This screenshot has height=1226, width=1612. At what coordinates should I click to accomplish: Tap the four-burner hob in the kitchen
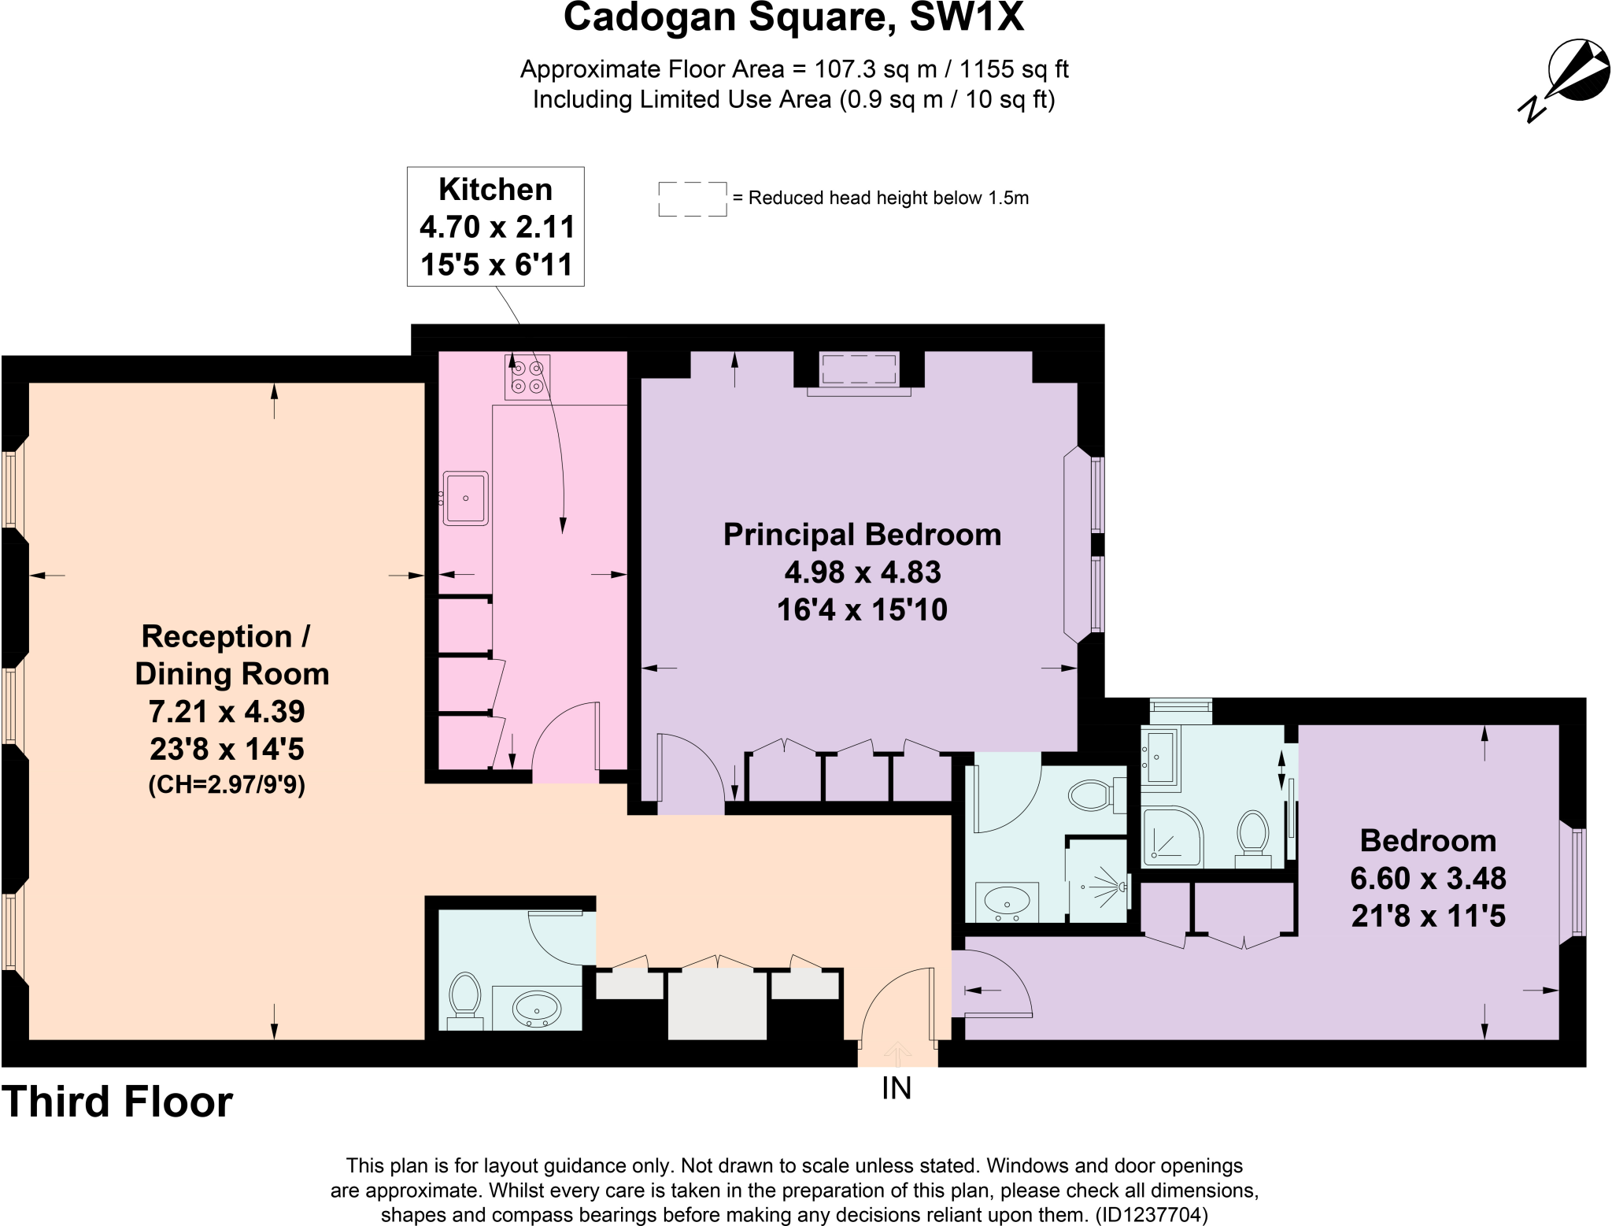527,376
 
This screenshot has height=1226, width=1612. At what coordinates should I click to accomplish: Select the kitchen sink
465,498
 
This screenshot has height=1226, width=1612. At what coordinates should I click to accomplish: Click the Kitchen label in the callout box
495,190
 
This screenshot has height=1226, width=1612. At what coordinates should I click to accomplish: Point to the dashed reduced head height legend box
692,198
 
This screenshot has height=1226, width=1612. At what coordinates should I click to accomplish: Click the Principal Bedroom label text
862,535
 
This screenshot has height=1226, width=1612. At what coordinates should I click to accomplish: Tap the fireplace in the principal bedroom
858,370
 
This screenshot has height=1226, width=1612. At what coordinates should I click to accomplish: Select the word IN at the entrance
896,1088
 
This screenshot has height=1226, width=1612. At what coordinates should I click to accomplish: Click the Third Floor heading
117,1102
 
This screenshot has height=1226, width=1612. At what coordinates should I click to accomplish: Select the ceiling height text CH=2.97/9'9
227,785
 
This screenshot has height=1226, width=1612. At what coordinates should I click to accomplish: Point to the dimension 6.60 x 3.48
1428,878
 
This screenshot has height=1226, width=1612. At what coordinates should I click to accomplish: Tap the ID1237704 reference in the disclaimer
1151,1214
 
